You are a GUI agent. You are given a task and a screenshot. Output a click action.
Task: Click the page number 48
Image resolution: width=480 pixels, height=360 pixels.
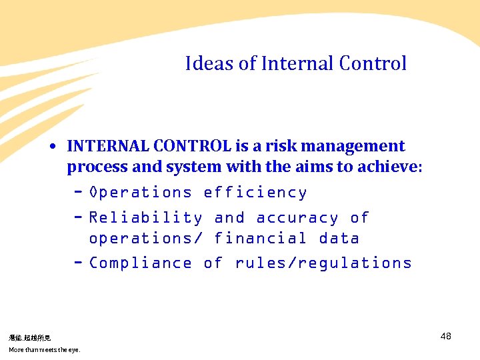click(x=446, y=336)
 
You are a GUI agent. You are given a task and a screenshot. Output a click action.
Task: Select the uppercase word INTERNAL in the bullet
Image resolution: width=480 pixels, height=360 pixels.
click(x=108, y=146)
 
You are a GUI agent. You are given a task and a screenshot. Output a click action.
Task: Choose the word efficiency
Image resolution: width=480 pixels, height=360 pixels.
click(x=255, y=193)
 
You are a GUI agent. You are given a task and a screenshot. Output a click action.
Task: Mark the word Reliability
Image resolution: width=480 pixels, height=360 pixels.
click(x=145, y=218)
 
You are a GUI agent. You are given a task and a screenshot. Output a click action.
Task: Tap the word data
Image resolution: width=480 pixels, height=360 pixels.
click(x=339, y=238)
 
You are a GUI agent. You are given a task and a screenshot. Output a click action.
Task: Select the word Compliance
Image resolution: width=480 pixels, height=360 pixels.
click(x=140, y=263)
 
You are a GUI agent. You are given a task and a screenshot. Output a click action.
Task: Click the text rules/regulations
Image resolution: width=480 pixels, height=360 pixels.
click(x=323, y=263)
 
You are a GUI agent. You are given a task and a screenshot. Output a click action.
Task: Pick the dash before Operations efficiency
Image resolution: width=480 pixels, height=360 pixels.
click(x=78, y=193)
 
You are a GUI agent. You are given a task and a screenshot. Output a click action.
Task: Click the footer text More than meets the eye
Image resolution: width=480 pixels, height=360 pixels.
click(x=44, y=350)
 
